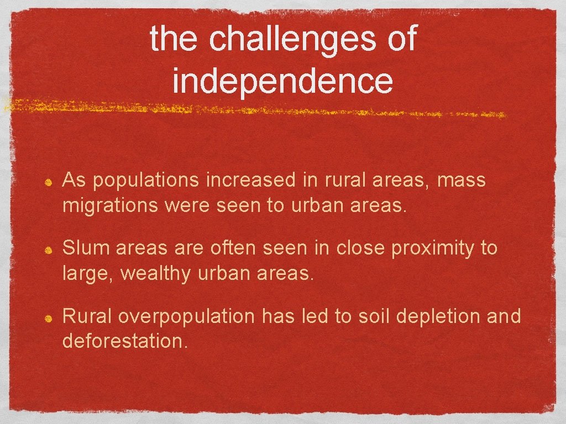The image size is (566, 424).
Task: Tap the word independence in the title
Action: [x=282, y=81]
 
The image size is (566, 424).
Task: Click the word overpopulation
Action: [x=186, y=317]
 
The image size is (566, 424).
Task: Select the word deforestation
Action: [x=124, y=341]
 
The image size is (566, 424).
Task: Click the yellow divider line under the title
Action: [x=254, y=109]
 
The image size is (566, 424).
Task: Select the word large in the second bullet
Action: [x=86, y=273]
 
